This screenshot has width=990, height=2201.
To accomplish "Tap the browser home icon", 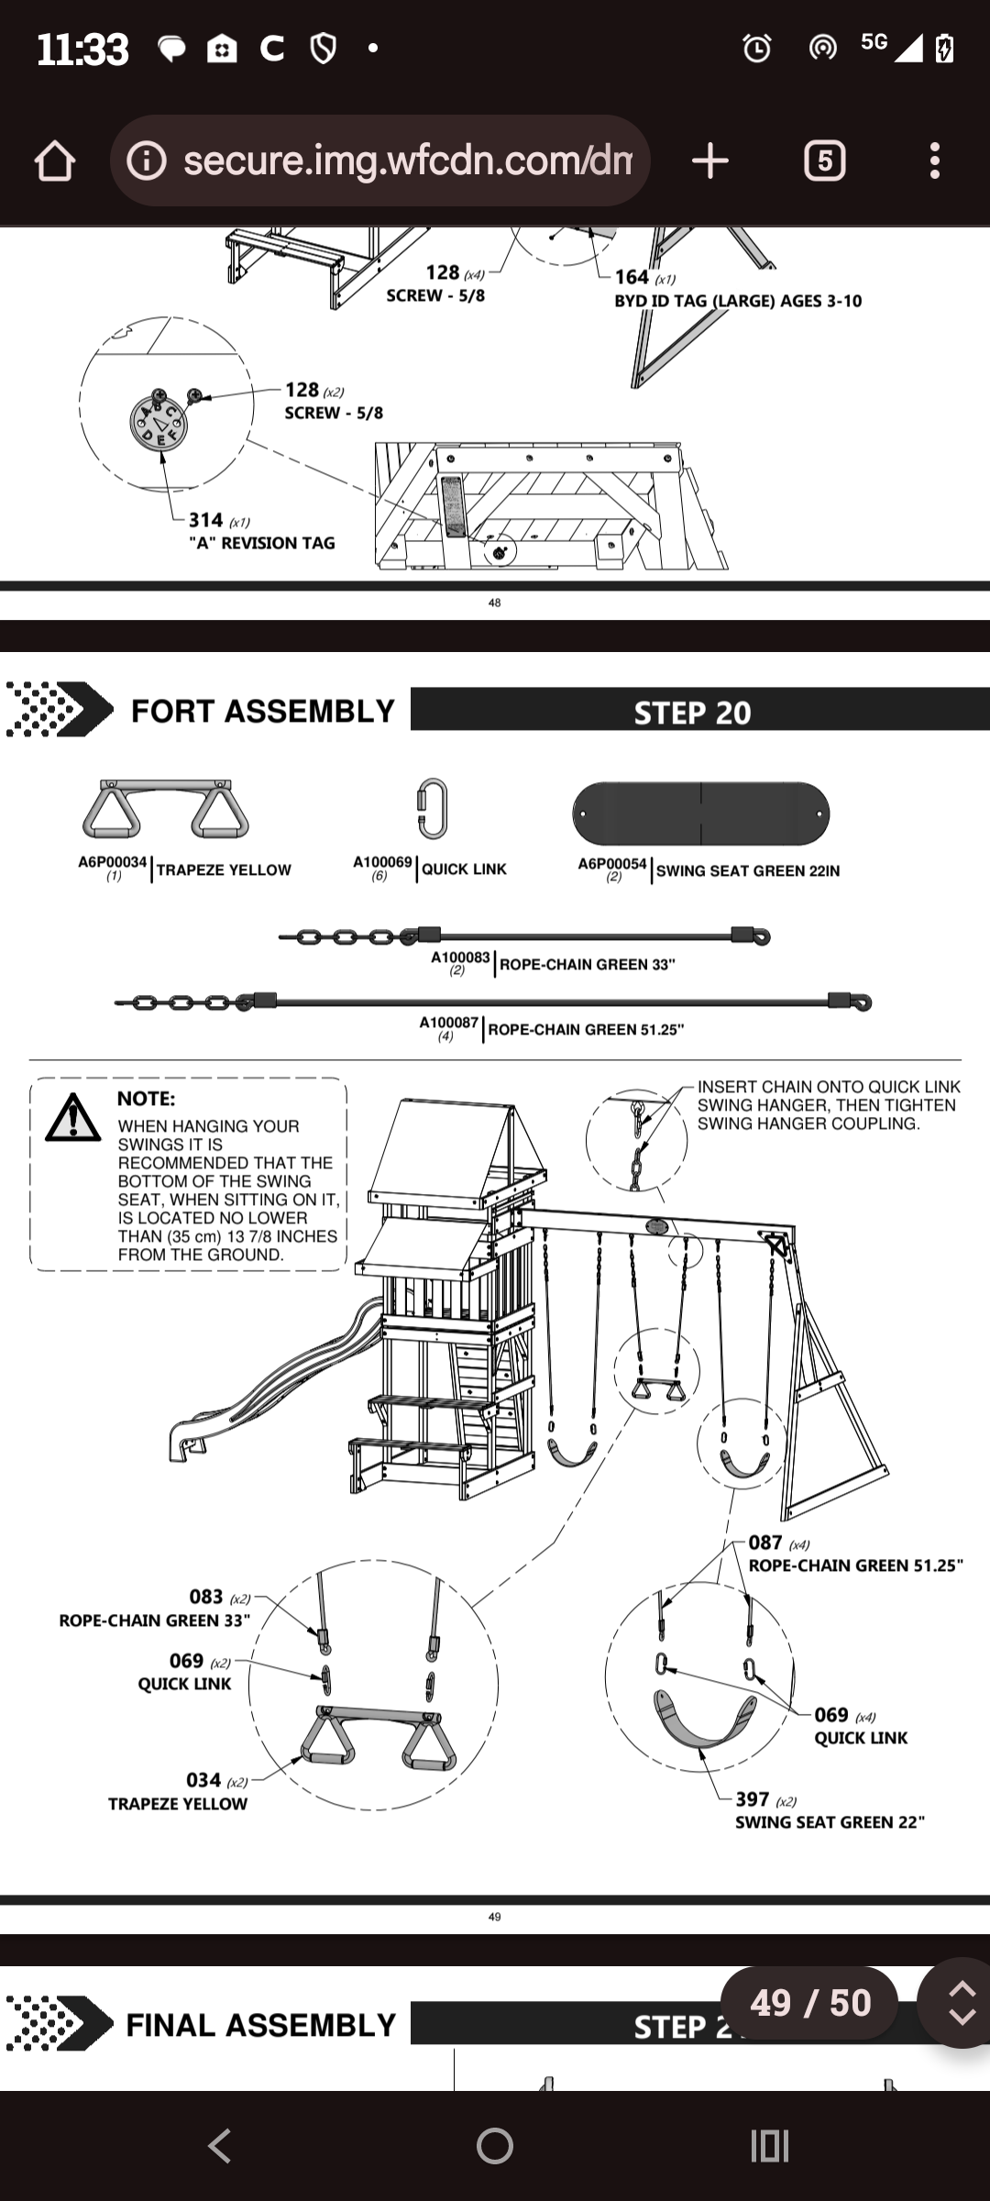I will click(x=55, y=161).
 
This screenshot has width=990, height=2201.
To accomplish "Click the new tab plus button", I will click(x=709, y=161).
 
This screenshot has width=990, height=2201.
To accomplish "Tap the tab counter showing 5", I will click(x=824, y=161).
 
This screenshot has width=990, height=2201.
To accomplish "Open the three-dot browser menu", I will click(x=934, y=161).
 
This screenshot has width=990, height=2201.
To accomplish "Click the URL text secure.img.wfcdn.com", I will click(x=407, y=161).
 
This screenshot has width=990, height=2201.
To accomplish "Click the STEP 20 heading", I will click(x=692, y=713).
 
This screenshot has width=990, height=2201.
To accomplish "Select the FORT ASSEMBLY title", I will click(x=262, y=711).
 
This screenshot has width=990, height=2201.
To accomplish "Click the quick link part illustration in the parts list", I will click(x=432, y=808).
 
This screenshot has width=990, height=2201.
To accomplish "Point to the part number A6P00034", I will click(x=112, y=863).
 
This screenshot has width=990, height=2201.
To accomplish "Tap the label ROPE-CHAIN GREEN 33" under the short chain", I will click(x=587, y=965).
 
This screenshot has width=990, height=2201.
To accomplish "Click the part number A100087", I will click(x=449, y=1023).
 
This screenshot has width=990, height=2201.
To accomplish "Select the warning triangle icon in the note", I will click(x=73, y=1118).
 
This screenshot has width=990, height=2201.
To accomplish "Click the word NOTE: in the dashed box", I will click(x=146, y=1099).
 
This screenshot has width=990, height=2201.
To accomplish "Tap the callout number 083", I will click(x=205, y=1597).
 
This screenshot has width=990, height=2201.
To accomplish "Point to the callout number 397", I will click(x=752, y=1799).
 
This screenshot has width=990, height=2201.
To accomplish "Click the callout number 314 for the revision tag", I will click(x=205, y=520).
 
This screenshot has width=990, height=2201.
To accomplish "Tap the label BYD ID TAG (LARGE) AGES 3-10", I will click(x=738, y=301).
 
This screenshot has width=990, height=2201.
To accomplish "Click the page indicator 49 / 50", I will click(x=810, y=2003).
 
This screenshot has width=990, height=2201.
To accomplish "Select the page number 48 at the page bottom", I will click(x=495, y=603).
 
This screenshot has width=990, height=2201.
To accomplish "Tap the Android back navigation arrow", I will click(x=219, y=2146).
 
